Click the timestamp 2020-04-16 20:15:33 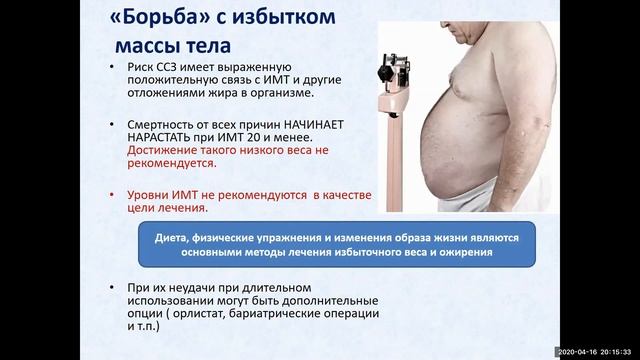tap(598, 353)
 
